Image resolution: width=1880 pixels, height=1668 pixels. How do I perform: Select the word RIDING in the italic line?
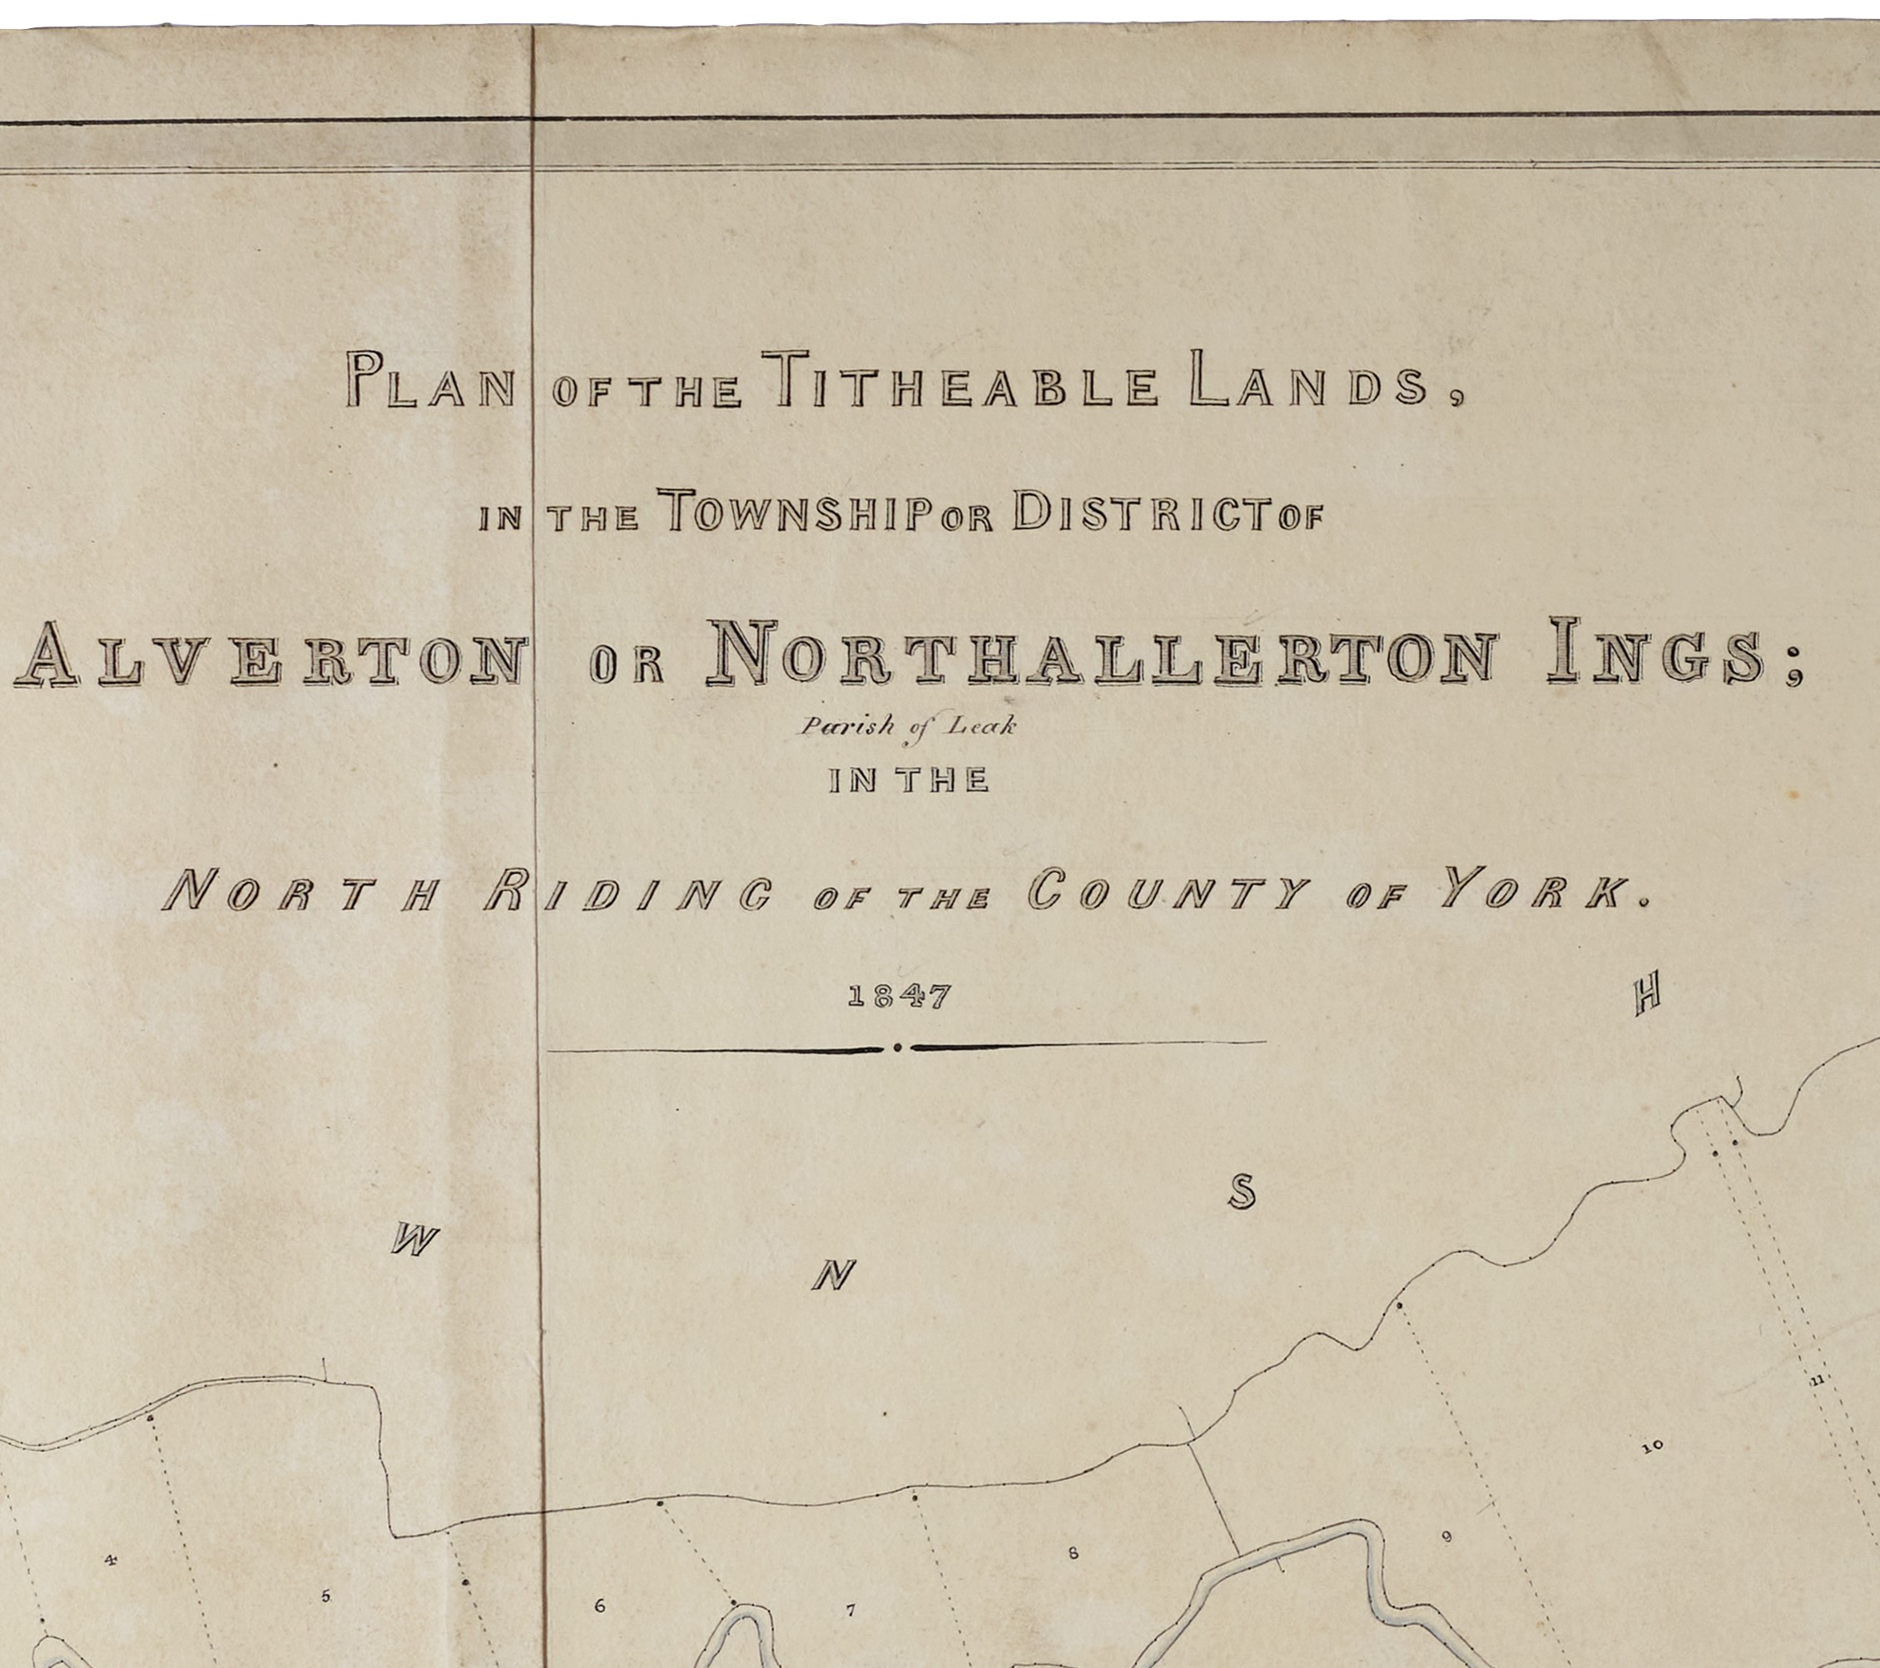(x=627, y=892)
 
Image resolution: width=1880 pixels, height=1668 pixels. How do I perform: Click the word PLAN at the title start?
(x=430, y=381)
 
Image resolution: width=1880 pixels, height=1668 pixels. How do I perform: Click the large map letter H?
(x=1646, y=997)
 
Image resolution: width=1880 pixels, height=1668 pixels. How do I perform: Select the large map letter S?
(x=1242, y=1193)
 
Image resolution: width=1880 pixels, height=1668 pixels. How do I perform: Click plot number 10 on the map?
(x=1652, y=1447)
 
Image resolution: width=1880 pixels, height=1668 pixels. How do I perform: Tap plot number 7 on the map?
(x=851, y=1610)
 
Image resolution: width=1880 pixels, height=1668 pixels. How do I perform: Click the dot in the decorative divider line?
(x=898, y=1047)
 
